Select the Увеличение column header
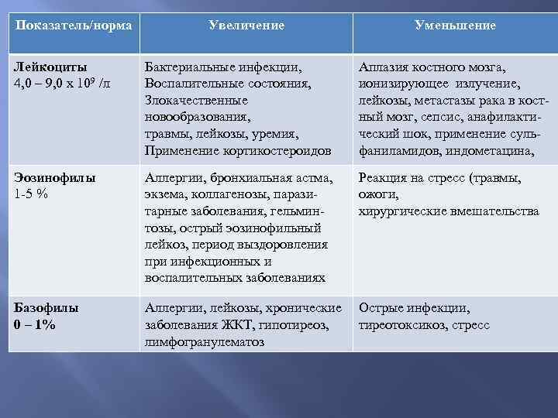246,26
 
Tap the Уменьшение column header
455,26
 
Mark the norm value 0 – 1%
35,324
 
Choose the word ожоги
378,194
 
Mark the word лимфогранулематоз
205,341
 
